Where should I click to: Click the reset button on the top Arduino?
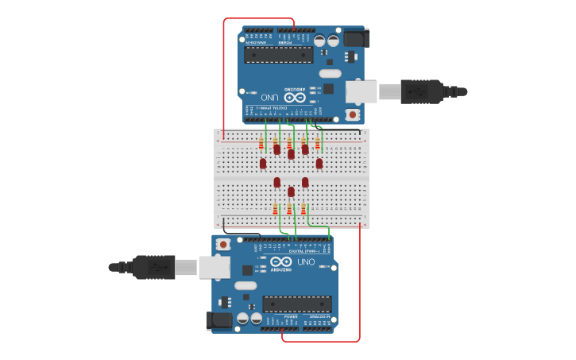coord(352,114)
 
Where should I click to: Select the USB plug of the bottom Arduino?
coord(156,267)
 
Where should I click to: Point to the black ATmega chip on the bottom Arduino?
coord(296,304)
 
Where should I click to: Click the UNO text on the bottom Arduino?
coord(306,261)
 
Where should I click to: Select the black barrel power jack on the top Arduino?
coord(357,37)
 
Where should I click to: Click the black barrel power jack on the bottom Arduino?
coord(218,320)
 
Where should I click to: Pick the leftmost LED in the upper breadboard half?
coord(263,163)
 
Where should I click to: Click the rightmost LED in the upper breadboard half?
coord(319,163)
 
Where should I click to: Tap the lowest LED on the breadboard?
coord(291,192)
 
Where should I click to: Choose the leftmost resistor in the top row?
coord(261,143)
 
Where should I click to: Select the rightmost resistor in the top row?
coord(318,143)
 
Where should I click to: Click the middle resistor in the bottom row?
coord(289,209)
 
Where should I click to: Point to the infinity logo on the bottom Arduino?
coord(281,261)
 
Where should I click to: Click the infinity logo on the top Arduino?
coord(294,97)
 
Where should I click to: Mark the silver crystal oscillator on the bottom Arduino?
coord(245,285)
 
